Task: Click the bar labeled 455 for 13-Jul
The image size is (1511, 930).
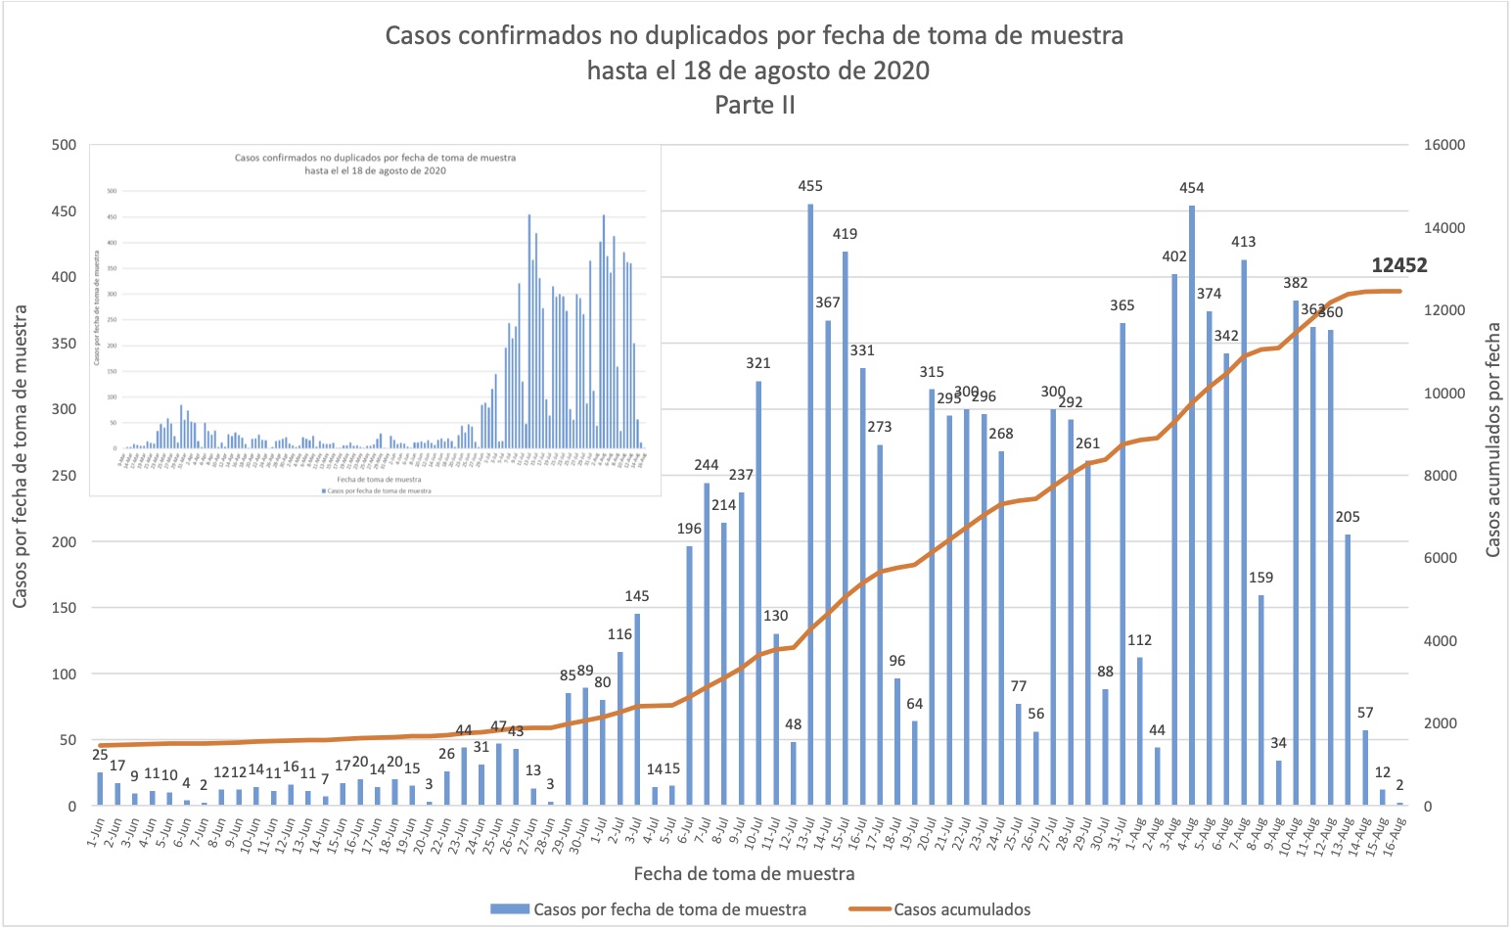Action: tap(810, 504)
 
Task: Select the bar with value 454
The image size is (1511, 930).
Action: tap(1192, 504)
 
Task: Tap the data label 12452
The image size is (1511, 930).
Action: tap(1398, 265)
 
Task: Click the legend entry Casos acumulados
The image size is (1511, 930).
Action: tap(961, 909)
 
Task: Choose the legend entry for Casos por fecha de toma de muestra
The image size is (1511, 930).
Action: tap(669, 909)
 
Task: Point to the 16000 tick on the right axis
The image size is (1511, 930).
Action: tap(1443, 145)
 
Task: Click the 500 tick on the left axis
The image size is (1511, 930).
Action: tap(64, 145)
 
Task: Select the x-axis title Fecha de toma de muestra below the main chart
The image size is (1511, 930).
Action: tap(744, 873)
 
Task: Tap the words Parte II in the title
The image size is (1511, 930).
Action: tap(755, 105)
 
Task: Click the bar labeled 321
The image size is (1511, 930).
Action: tap(758, 593)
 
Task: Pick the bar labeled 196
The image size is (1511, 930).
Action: tap(689, 675)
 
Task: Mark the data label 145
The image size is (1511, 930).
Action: tap(637, 596)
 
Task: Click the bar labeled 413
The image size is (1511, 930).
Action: tap(1244, 533)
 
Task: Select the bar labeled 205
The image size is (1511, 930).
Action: tap(1348, 670)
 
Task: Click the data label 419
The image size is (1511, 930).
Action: tap(845, 234)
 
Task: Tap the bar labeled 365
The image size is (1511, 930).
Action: tap(1122, 564)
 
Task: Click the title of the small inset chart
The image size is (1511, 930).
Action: tap(375, 163)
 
